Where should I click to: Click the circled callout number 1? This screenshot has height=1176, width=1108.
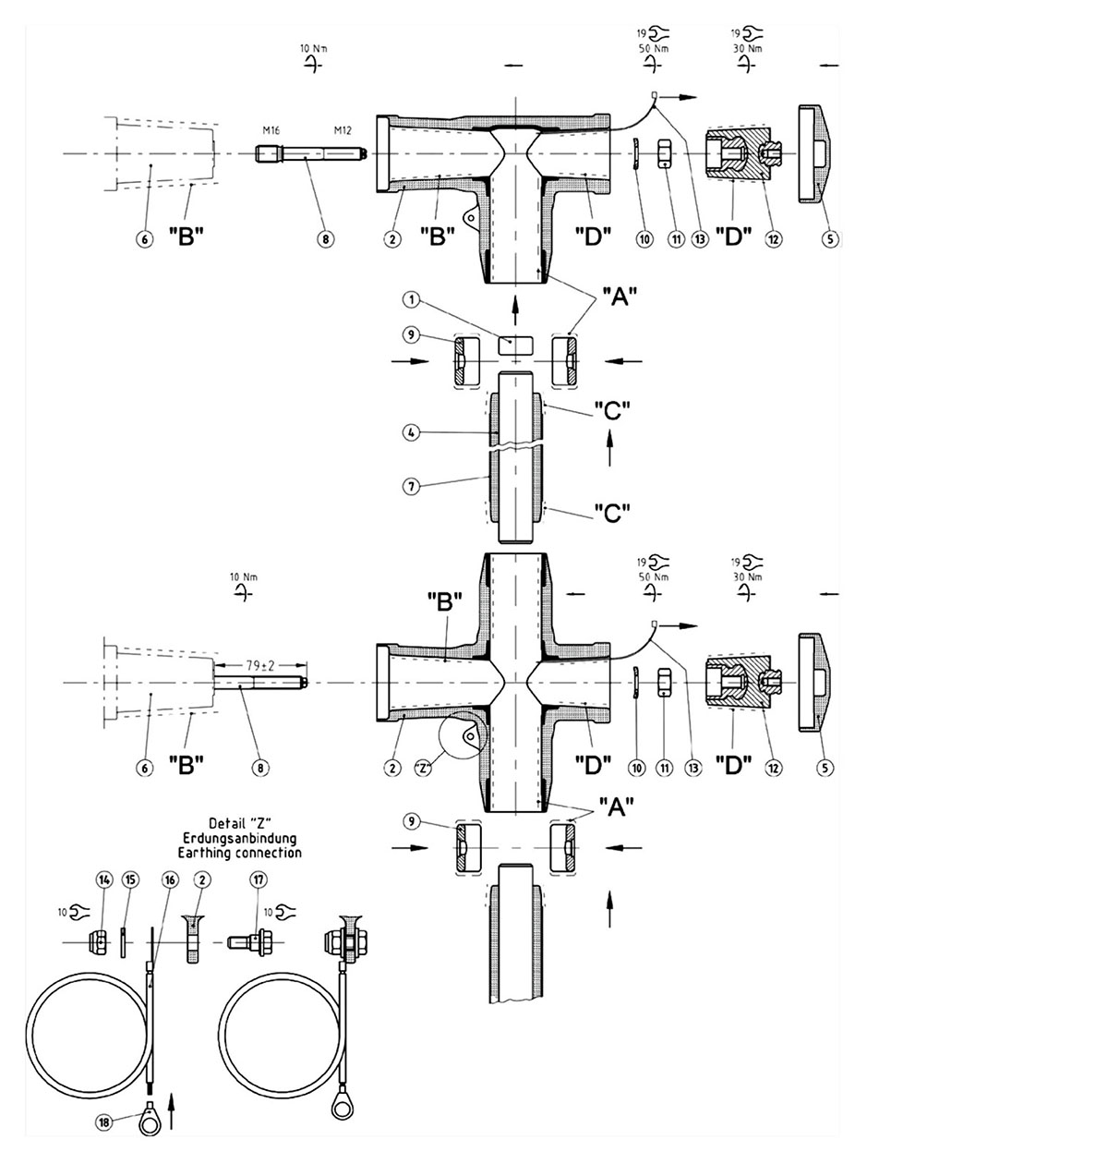(412, 300)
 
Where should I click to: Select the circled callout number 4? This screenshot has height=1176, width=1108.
(412, 432)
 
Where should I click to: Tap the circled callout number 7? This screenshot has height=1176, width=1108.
(412, 487)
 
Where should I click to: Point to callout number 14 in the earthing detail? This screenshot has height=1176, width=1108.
(103, 880)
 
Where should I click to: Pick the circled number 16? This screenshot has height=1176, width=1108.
(170, 880)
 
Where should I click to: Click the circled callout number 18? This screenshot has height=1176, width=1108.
(104, 1122)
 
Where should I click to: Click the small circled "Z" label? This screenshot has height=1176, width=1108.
(423, 769)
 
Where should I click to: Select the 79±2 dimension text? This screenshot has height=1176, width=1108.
(260, 665)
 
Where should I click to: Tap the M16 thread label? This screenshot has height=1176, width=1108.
(271, 130)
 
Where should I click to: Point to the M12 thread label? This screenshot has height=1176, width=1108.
(343, 130)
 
